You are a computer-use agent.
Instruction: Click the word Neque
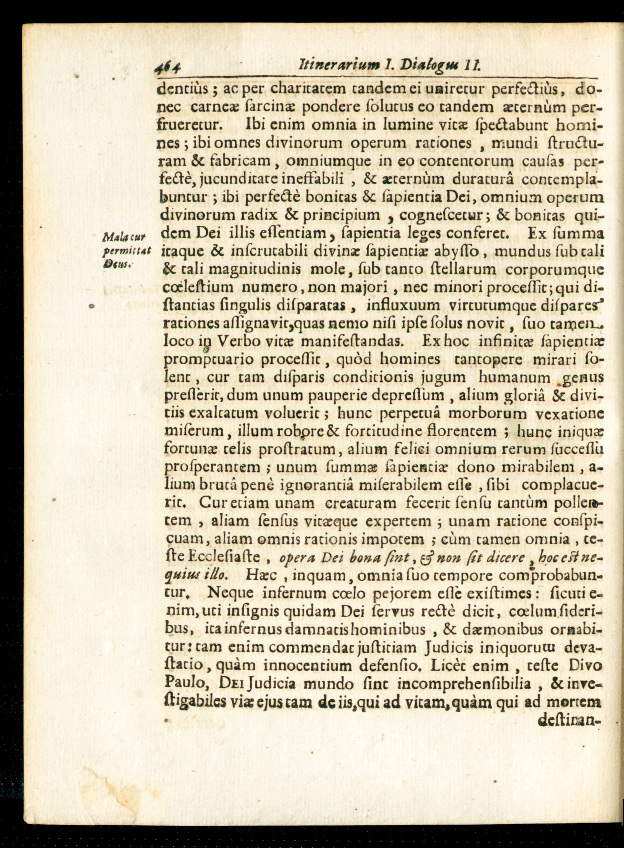(x=230, y=593)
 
